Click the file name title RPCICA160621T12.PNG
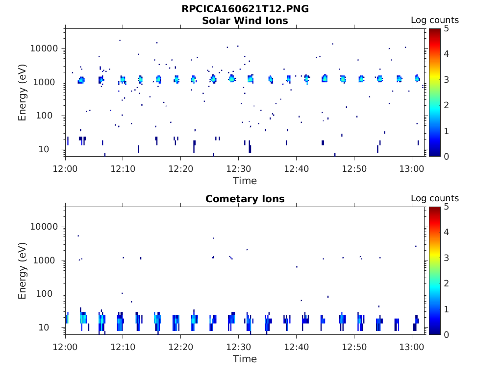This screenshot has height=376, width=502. point(245,9)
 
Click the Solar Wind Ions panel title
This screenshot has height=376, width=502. point(245,21)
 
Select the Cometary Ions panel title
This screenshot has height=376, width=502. point(245,199)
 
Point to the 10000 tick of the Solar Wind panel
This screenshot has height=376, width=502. point(45,48)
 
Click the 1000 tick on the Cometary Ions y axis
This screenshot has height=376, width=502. point(47,260)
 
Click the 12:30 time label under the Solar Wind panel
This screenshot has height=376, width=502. point(238,168)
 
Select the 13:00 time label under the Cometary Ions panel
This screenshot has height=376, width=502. point(412,347)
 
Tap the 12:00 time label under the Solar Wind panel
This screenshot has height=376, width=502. point(65,168)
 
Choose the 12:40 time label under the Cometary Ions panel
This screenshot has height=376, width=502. point(296,347)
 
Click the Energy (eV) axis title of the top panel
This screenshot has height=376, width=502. point(23,93)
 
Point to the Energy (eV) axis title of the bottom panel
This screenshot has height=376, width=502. point(23,271)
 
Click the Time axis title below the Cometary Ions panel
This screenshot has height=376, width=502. point(245,359)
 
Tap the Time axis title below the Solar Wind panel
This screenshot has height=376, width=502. point(245,181)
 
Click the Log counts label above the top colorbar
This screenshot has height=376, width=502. point(434,20)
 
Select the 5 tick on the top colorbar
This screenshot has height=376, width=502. point(447,28)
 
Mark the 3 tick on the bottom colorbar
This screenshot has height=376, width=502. point(447,258)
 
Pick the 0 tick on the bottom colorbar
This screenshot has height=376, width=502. point(447,334)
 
